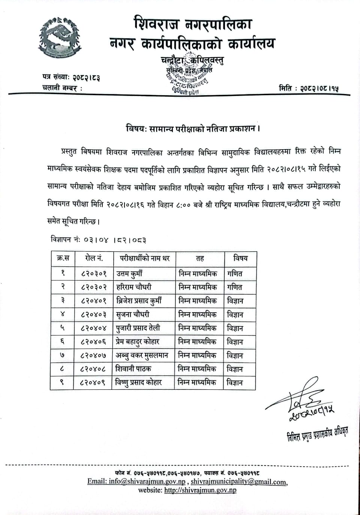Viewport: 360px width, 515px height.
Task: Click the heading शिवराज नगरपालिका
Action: click(x=192, y=24)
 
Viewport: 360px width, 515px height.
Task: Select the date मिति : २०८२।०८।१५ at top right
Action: click(x=309, y=88)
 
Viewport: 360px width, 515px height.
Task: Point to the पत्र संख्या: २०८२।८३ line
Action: click(x=71, y=78)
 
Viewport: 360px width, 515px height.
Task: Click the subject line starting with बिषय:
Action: click(x=192, y=129)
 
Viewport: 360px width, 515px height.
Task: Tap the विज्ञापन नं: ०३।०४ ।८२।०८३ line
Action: click(x=98, y=240)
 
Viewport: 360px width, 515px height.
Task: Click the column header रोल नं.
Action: click(x=93, y=258)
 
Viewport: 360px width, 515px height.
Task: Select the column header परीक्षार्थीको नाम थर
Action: click(x=144, y=258)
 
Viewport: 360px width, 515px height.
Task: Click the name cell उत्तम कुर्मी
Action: click(x=129, y=274)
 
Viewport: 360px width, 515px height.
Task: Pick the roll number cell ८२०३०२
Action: click(x=93, y=287)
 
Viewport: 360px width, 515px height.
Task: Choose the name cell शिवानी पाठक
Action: click(x=133, y=369)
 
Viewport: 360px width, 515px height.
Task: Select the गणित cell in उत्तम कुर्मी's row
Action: click(x=235, y=274)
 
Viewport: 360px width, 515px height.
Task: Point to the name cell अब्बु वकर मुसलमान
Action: click(x=142, y=355)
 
